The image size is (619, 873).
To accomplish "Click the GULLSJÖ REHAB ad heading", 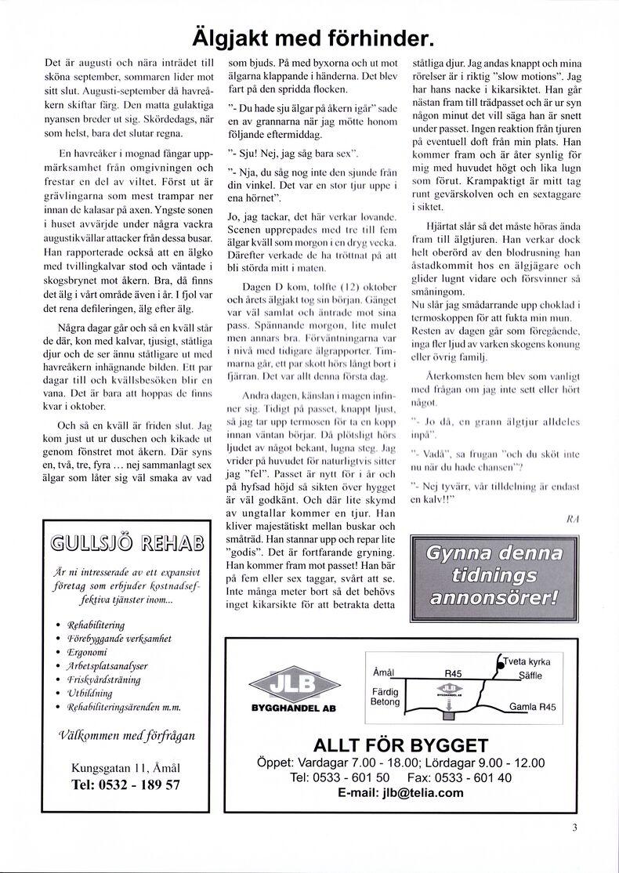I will tap(126, 542).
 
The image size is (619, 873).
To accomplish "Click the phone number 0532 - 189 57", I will tap(125, 784).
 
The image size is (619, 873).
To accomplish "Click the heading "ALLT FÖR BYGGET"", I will tap(400, 745).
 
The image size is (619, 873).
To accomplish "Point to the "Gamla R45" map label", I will tap(532, 707).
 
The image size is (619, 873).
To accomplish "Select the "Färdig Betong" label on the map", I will tap(385, 697).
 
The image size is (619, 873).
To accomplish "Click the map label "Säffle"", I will tap(530, 675).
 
